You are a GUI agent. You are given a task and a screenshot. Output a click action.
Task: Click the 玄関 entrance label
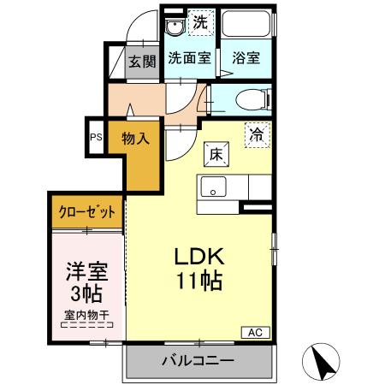(143, 61)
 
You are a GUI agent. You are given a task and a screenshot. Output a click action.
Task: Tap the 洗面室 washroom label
(188, 59)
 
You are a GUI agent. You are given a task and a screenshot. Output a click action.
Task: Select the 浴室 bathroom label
(246, 59)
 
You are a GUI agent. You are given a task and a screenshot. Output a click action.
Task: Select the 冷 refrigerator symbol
(256, 133)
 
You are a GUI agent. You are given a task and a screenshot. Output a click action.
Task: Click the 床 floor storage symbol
(216, 154)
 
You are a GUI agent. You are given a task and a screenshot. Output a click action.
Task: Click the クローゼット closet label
(86, 210)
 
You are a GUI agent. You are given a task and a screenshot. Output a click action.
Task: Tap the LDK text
(200, 257)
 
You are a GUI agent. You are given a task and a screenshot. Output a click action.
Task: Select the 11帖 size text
(201, 279)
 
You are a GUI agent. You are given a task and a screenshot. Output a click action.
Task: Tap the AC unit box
(256, 332)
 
